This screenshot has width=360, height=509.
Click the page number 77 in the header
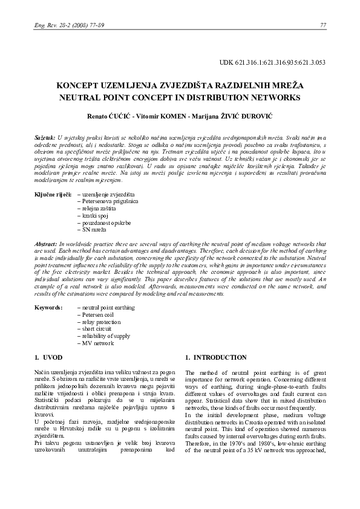(x=322, y=25)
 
